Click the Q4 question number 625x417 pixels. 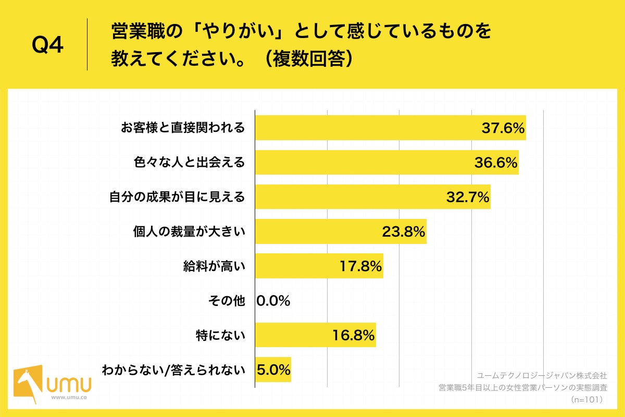tap(47, 46)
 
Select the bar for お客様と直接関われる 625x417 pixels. tap(365, 128)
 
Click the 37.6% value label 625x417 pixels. tap(502, 128)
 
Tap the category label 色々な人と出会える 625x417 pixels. tap(188, 163)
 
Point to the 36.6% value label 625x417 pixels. tap(495, 163)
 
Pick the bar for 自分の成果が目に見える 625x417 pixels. tap(349, 197)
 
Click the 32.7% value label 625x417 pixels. tap(467, 197)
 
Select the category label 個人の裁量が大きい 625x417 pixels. tap(189, 232)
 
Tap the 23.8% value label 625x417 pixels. tap(404, 232)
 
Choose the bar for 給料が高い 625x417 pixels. tap(297, 266)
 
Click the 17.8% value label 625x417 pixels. tap(360, 266)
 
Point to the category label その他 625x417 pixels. tap(226, 301)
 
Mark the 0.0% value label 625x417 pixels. tap(273, 301)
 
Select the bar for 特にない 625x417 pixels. tap(292, 336)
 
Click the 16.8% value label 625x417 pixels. tap(353, 336)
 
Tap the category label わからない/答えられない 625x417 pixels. tap(173, 370)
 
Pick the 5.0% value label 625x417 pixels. tap(273, 370)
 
